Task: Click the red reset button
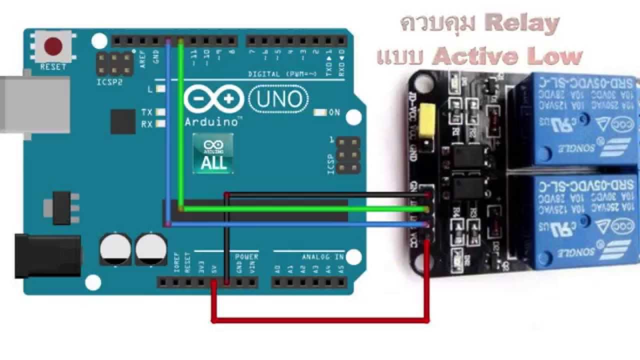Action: pos(53,46)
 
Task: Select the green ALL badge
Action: pos(213,153)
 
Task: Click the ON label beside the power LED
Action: pos(334,112)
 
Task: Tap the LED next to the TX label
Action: pos(161,112)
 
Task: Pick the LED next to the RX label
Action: pos(161,124)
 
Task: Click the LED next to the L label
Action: pos(161,89)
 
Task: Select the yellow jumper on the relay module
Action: pos(427,119)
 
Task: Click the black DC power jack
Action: pos(47,256)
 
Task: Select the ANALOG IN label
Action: pos(322,256)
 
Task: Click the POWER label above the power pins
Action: pos(246,256)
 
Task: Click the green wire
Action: pos(300,208)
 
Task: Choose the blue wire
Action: pos(300,224)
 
